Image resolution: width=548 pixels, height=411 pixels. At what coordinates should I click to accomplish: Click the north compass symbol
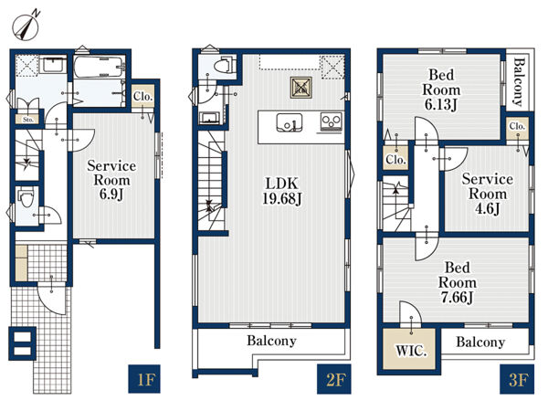click(26, 26)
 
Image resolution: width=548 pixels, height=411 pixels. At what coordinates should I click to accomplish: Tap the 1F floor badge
click(144, 379)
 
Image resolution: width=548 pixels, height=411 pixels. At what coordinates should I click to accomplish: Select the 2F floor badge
click(333, 379)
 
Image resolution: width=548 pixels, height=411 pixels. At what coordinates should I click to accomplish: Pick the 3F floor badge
click(517, 379)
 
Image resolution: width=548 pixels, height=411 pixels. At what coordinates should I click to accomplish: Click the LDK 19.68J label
click(281, 191)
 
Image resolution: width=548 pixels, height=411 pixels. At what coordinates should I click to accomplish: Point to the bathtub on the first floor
click(100, 67)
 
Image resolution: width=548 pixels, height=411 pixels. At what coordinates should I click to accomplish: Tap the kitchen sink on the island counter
click(290, 122)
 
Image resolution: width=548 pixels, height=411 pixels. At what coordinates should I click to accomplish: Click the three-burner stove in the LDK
click(331, 122)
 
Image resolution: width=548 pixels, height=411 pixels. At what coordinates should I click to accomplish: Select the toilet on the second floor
click(223, 66)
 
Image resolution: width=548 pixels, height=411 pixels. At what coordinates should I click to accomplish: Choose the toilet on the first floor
click(26, 198)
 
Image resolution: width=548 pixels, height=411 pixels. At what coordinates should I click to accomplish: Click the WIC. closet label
click(411, 350)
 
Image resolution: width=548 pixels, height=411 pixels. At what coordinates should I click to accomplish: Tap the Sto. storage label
click(28, 120)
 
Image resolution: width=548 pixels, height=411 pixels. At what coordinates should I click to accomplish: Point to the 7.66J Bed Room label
click(458, 282)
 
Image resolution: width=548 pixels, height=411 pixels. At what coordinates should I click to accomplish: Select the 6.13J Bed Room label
click(441, 90)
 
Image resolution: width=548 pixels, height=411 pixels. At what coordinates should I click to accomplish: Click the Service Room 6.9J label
click(111, 180)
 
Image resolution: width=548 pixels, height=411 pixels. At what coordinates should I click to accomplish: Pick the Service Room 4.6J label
click(487, 194)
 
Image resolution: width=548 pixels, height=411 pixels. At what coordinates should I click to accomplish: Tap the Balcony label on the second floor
click(271, 341)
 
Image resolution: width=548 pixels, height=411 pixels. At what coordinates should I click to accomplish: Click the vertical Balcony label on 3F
click(520, 82)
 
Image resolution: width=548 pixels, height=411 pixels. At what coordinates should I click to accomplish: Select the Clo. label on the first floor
click(143, 97)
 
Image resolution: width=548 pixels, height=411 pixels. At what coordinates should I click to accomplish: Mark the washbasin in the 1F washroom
click(53, 64)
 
